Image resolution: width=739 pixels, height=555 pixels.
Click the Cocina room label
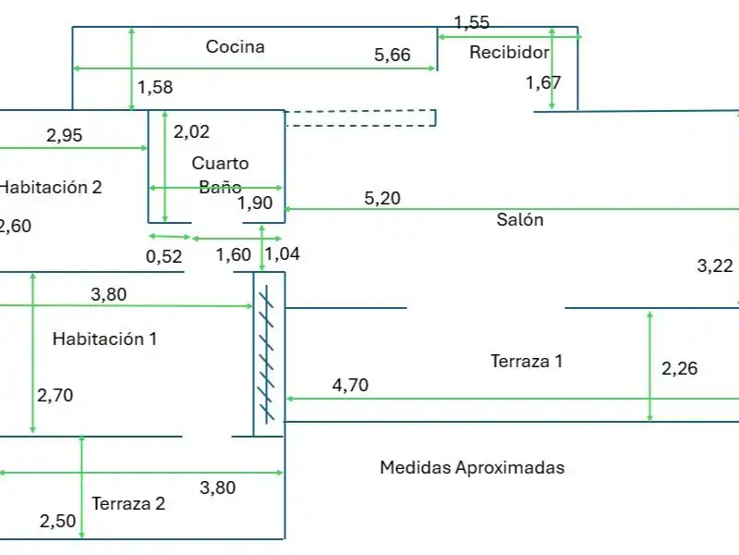[x=236, y=46]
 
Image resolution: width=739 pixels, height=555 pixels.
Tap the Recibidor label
[x=510, y=52]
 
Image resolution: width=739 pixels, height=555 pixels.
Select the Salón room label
[x=520, y=219]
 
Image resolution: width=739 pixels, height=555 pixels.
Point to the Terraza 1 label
[x=527, y=361]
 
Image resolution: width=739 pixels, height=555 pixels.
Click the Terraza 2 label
[x=128, y=503]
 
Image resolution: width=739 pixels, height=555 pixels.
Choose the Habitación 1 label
[x=104, y=339]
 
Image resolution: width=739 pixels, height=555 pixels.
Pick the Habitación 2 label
[x=51, y=188]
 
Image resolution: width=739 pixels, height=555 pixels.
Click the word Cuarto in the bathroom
[x=220, y=164]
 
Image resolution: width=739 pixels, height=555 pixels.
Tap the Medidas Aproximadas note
[x=472, y=467]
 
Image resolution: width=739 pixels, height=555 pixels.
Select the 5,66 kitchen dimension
[x=392, y=55]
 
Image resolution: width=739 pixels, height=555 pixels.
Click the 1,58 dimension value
[x=155, y=87]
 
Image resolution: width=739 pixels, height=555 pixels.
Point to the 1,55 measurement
[x=472, y=22]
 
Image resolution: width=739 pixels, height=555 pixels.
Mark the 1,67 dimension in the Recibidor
[x=543, y=83]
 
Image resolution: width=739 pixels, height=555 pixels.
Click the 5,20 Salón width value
[x=382, y=198]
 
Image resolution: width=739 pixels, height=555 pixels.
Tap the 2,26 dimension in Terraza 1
[x=679, y=368]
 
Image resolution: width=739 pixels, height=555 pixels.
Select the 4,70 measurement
[x=350, y=385]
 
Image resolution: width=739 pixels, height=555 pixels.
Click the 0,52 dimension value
[x=164, y=256]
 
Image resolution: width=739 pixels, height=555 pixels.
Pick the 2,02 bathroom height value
[x=191, y=131]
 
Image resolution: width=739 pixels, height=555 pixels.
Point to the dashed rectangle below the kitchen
[x=360, y=118]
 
